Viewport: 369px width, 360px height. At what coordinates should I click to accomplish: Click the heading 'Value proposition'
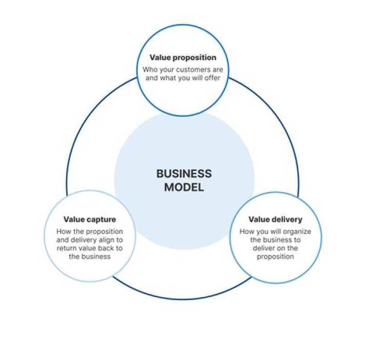tap(183, 58)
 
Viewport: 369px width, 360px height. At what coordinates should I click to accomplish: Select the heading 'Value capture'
tap(90, 220)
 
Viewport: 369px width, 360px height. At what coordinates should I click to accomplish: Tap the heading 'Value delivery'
tap(275, 220)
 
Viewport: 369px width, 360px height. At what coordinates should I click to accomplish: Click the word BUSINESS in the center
tap(184, 174)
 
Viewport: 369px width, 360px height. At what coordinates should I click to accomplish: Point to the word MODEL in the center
tap(184, 187)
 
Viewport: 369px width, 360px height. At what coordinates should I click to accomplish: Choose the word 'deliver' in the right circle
tap(263, 248)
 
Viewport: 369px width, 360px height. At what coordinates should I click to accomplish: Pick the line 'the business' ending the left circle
tap(90, 257)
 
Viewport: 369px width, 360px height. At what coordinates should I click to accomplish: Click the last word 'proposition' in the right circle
tap(275, 257)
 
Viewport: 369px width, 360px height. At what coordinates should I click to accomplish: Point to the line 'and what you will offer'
tap(183, 78)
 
